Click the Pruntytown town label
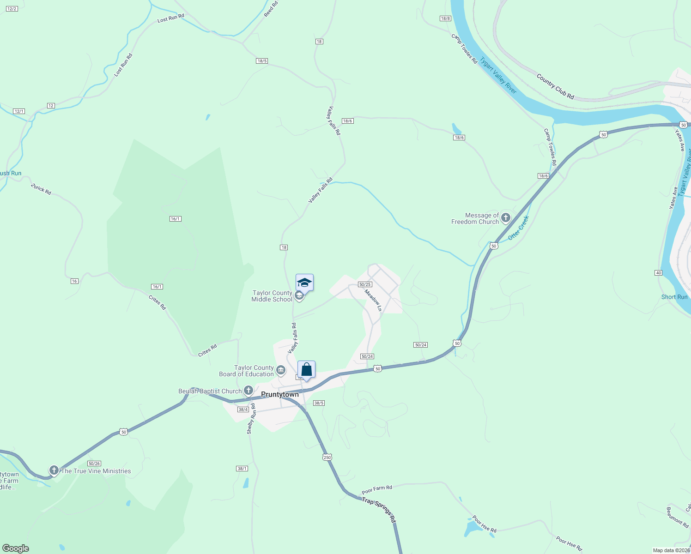click(280, 394)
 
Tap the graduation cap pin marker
click(304, 283)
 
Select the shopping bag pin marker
click(306, 370)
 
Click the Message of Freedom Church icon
click(506, 218)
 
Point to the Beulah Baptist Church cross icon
click(249, 391)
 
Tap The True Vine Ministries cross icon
click(54, 470)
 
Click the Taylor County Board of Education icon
click(280, 370)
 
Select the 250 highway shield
click(327, 457)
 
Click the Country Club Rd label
click(555, 86)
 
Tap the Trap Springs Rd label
click(379, 509)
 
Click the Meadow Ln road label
click(373, 300)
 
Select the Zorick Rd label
click(41, 189)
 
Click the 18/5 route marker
click(262, 61)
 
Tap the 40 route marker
click(659, 273)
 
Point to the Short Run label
click(674, 297)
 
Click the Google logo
click(16, 548)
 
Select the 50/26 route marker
click(94, 464)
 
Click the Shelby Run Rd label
click(251, 419)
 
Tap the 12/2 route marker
click(12, 9)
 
